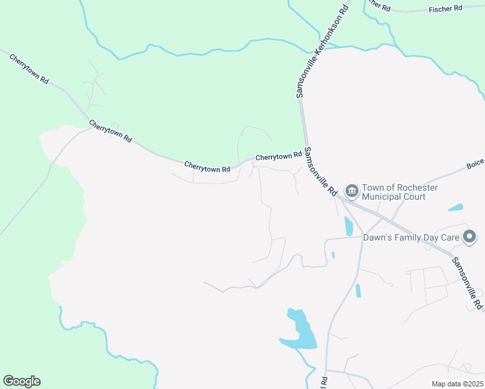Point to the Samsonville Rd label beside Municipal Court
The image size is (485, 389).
320,172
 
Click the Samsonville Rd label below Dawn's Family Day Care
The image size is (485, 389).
467,283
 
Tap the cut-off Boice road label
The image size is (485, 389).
475,166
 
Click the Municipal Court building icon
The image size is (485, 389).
352,191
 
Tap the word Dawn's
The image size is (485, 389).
378,238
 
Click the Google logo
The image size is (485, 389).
21,381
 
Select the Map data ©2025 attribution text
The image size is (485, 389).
456,384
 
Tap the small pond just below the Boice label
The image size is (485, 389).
456,208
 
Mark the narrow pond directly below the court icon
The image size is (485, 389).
349,226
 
